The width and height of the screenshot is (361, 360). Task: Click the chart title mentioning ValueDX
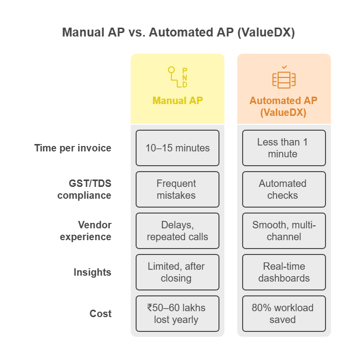(x=179, y=33)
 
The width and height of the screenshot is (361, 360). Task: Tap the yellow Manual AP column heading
(x=178, y=101)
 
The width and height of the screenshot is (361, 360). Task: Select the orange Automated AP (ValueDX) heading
(x=283, y=106)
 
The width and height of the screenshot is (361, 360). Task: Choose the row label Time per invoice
(x=73, y=148)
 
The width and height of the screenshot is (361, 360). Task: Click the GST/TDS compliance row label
(x=84, y=189)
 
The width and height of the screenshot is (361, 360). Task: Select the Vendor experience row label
(x=86, y=231)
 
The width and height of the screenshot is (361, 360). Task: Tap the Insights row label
(x=93, y=272)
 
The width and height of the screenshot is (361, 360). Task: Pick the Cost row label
(x=101, y=314)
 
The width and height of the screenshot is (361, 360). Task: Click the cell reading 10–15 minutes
(x=178, y=148)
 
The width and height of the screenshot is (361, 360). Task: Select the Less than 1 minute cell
(x=284, y=148)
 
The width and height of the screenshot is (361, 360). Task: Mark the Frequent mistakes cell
(x=178, y=189)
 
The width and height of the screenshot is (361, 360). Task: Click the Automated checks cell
(x=284, y=189)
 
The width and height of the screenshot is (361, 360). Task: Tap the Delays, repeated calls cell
(x=178, y=231)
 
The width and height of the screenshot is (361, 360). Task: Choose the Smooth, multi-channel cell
(x=284, y=231)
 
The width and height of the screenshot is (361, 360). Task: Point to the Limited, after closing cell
(x=178, y=272)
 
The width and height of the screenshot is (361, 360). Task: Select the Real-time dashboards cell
(x=284, y=272)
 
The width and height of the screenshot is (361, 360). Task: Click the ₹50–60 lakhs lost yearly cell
(x=178, y=314)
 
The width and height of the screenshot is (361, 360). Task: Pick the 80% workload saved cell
(x=284, y=314)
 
